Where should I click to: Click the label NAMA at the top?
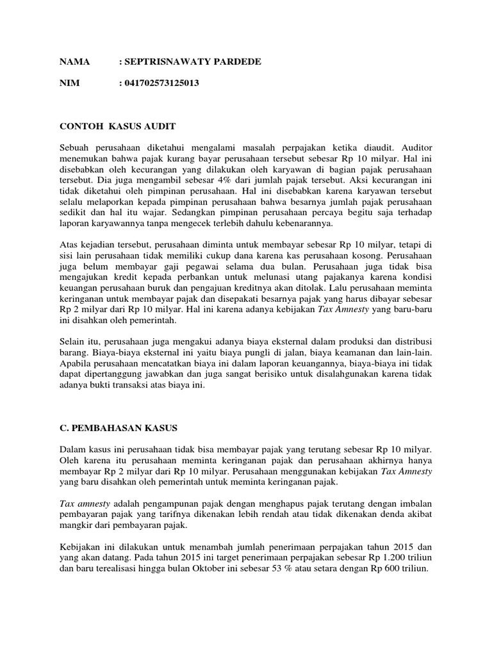point(74,61)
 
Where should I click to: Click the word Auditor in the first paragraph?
point(413,148)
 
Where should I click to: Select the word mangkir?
point(76,525)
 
